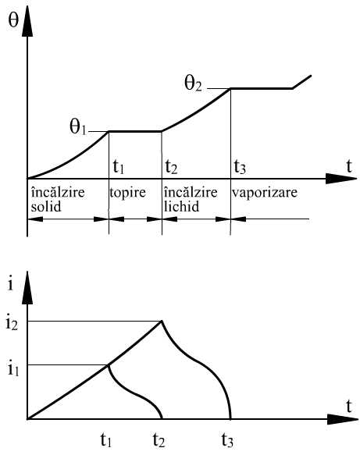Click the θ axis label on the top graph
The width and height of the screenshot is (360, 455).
click(x=13, y=20)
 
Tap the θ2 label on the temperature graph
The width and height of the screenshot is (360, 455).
click(x=193, y=84)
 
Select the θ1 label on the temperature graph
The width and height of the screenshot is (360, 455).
click(x=78, y=127)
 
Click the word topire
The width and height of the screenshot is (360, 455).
click(x=127, y=194)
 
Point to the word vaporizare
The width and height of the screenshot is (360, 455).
click(x=265, y=193)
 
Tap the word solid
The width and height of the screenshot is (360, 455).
click(x=46, y=207)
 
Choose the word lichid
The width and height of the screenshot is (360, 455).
click(x=182, y=207)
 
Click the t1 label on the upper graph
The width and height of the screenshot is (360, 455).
click(x=119, y=167)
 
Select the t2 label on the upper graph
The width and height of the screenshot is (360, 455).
click(x=171, y=167)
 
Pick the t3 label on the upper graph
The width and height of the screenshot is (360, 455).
click(x=240, y=167)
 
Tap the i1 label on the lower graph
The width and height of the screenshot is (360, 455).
click(x=13, y=369)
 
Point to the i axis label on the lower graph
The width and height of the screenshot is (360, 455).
click(x=11, y=284)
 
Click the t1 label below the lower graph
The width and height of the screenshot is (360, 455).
click(x=106, y=440)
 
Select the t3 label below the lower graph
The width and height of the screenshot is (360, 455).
click(x=227, y=440)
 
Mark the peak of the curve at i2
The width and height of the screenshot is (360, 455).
click(x=162, y=321)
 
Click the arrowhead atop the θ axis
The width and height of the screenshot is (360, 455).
click(x=27, y=21)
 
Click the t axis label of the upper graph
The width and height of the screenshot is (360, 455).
click(x=349, y=166)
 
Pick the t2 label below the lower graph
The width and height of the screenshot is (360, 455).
click(x=159, y=440)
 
